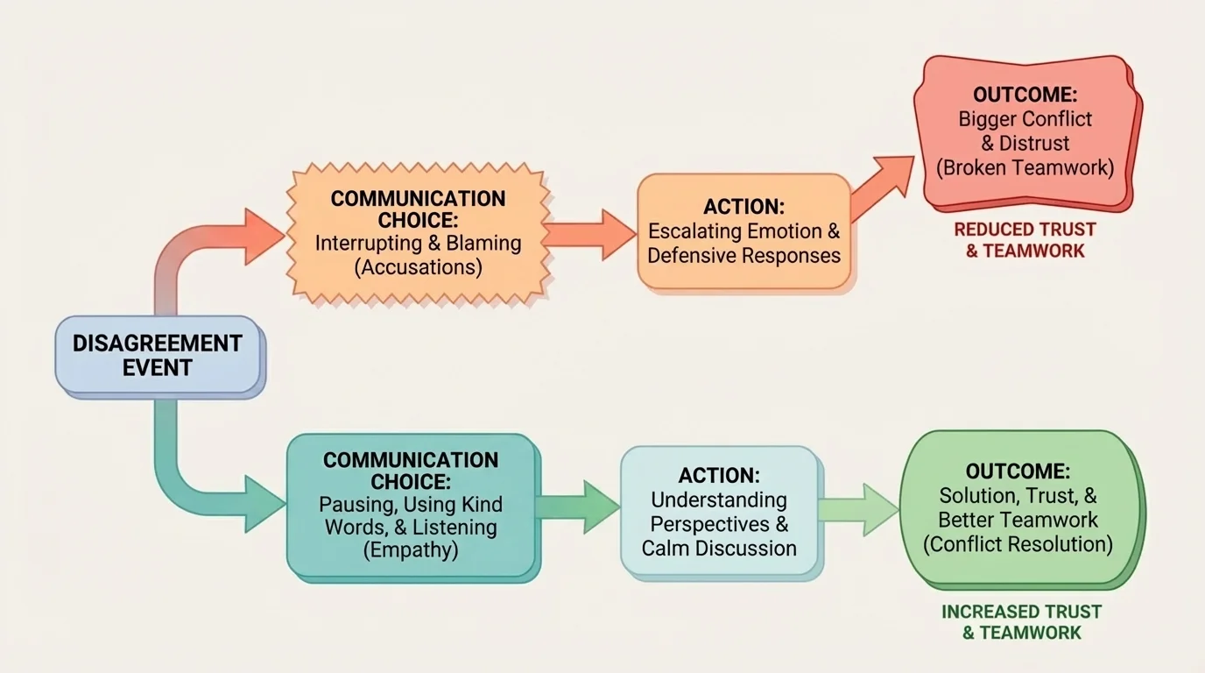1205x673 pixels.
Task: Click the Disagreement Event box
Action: [158, 355]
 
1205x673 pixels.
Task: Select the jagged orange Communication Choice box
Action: [418, 232]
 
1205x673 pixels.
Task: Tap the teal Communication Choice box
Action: [410, 506]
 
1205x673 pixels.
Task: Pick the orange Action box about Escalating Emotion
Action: [743, 231]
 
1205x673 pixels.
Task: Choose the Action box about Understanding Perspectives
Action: [719, 512]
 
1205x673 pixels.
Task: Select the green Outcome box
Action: [1018, 508]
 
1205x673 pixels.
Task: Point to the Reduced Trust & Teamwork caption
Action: [1025, 240]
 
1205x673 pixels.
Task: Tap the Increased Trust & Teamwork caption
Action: [1021, 622]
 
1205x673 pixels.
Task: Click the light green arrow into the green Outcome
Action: [859, 509]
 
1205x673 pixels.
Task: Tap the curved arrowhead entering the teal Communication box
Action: [263, 504]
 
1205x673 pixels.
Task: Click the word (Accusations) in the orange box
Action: [418, 267]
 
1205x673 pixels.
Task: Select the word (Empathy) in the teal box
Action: [410, 551]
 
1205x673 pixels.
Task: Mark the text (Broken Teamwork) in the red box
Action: [1025, 167]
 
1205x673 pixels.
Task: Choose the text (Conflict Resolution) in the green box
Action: [1018, 544]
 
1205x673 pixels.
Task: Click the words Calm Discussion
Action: [719, 549]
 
